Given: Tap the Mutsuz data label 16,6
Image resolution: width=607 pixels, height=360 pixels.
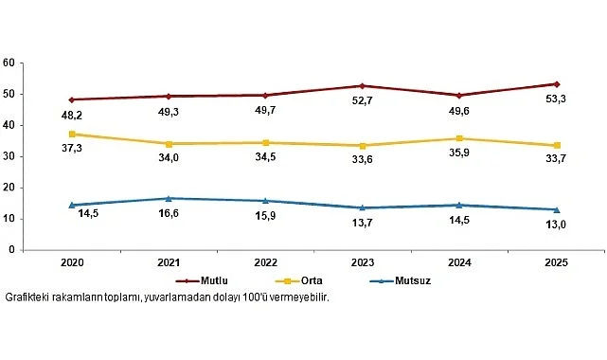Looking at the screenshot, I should (170, 216).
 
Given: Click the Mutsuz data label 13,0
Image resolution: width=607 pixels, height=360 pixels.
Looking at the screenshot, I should (557, 226).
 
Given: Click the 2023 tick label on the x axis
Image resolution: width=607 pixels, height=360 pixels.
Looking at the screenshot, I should (363, 261).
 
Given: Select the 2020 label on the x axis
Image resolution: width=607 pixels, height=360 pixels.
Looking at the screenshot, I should (73, 261).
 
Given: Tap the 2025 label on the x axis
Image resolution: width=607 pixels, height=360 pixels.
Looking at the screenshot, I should (556, 261).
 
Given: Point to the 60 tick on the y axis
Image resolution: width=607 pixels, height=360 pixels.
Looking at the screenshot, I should (9, 63).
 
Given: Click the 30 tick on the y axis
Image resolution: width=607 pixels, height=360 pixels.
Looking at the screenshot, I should (9, 156).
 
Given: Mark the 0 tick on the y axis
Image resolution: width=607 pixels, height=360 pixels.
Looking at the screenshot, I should (11, 250).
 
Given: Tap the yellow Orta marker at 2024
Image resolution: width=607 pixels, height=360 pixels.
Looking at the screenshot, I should (460, 138).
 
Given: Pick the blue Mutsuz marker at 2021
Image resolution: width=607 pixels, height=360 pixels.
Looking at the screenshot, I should (170, 198).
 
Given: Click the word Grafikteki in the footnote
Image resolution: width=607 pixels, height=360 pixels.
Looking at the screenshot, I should (29, 297).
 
